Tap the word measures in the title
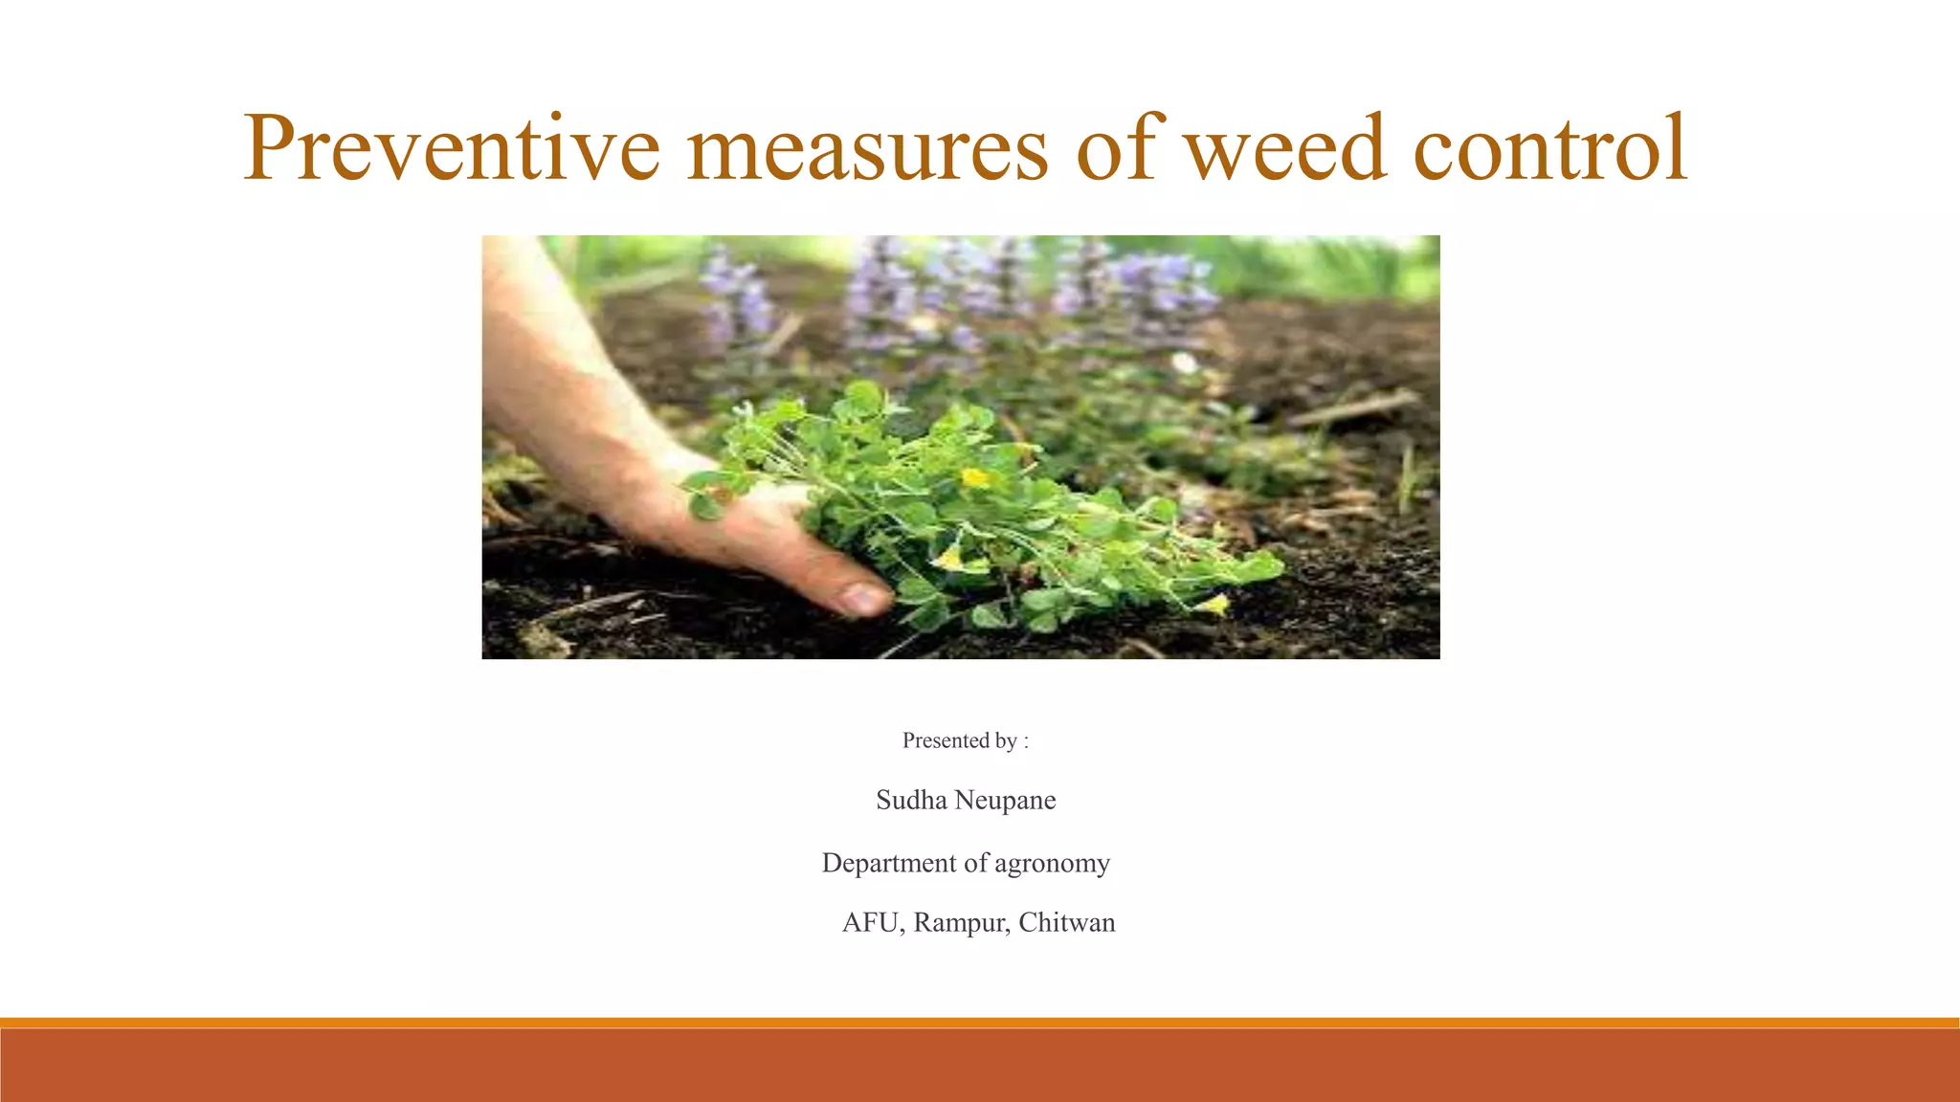click(x=867, y=149)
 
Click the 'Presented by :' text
click(x=965, y=740)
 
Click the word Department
click(x=889, y=863)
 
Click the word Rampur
click(x=960, y=923)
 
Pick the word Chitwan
click(x=1067, y=922)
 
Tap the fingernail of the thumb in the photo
click(x=865, y=599)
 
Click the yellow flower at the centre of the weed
click(x=975, y=476)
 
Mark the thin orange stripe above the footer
click(x=980, y=1023)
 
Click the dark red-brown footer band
click(x=980, y=1066)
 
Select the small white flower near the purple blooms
click(x=1185, y=363)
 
